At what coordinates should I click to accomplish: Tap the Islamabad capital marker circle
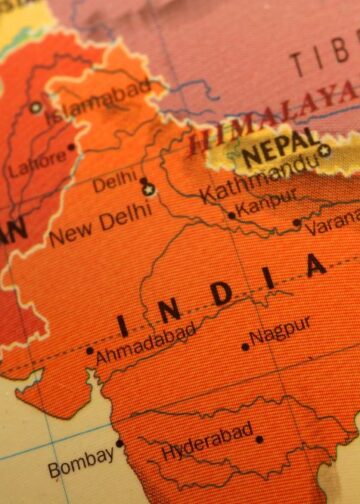pos(37,107)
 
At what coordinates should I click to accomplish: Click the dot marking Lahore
pos(71,147)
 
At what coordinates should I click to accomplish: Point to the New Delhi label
pos(100,225)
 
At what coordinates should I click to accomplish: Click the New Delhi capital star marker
pos(149,189)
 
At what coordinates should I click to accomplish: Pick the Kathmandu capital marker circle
pos(324,151)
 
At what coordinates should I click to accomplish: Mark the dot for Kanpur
pos(232,215)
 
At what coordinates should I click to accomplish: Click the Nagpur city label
pos(281,331)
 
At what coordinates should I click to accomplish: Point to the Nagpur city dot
pos(246,347)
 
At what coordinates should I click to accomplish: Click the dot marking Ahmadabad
pos(89,350)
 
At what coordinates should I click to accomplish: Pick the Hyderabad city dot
pos(259,438)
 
